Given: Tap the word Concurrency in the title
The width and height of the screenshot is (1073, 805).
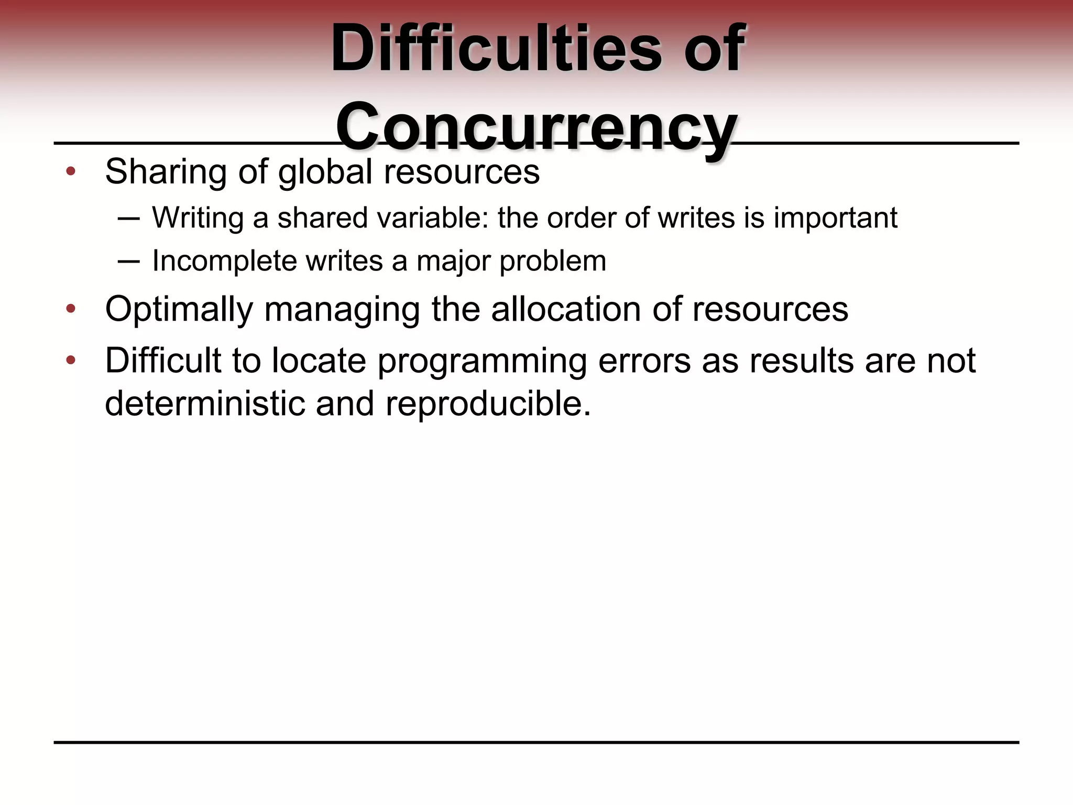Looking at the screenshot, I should pyautogui.click(x=536, y=127).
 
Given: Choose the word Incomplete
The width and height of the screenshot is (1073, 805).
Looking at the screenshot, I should pyautogui.click(x=224, y=261).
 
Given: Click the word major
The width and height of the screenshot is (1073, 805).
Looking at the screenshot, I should pyautogui.click(x=454, y=261).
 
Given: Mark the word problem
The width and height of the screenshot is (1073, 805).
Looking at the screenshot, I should pyautogui.click(x=553, y=261).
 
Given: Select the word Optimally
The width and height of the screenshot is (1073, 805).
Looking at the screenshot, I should pyautogui.click(x=179, y=309).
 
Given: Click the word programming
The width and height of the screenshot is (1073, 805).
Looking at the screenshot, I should pyautogui.click(x=481, y=362).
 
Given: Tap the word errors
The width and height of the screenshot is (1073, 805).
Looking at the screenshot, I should pyautogui.click(x=644, y=362).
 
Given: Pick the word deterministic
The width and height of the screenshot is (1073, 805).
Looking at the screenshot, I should pyautogui.click(x=205, y=404).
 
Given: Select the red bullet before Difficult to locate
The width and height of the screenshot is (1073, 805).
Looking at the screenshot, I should pyautogui.click(x=71, y=361).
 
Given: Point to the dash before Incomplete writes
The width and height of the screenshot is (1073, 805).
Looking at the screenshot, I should pyautogui.click(x=129, y=262).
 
